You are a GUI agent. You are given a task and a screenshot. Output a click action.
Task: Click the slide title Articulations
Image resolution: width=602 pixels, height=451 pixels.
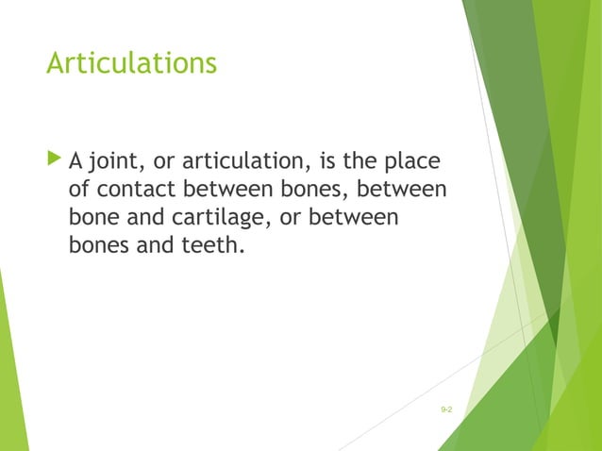pyautogui.click(x=131, y=64)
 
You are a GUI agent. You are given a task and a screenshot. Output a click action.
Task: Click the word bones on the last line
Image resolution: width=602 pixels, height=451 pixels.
pyautogui.click(x=99, y=249)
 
